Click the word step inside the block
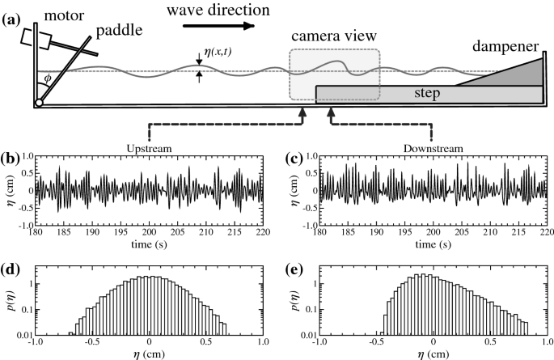(425, 94)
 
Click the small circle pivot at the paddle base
(38, 103)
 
